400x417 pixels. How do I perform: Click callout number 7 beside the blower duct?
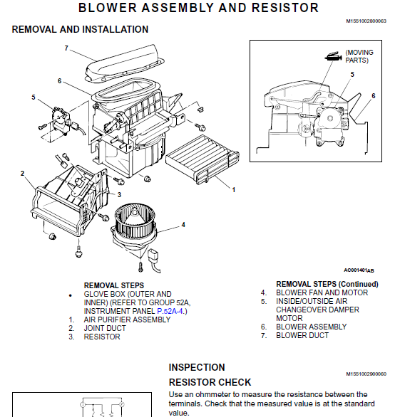click(66, 48)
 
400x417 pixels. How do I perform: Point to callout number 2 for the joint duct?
click(22, 174)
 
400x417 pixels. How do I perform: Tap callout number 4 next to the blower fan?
click(183, 225)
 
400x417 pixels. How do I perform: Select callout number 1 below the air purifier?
click(234, 190)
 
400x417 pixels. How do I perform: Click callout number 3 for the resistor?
click(119, 195)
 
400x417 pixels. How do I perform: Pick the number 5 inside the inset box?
click(352, 75)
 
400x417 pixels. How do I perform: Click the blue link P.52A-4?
click(170, 311)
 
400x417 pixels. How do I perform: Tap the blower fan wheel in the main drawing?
click(135, 221)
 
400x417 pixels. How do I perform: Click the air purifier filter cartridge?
click(202, 159)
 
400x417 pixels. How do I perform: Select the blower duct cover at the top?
click(124, 64)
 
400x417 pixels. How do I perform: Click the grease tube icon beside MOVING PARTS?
click(333, 56)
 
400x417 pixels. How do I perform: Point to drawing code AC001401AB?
click(359, 270)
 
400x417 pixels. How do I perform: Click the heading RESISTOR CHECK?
click(210, 382)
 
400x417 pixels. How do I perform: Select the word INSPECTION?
click(197, 367)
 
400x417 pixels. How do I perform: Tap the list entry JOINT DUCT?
click(105, 328)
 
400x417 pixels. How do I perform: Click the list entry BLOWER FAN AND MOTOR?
click(322, 292)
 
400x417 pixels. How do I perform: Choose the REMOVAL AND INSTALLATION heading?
click(80, 29)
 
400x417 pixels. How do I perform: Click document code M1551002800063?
click(366, 21)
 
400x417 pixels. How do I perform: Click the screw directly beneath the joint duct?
click(78, 251)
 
